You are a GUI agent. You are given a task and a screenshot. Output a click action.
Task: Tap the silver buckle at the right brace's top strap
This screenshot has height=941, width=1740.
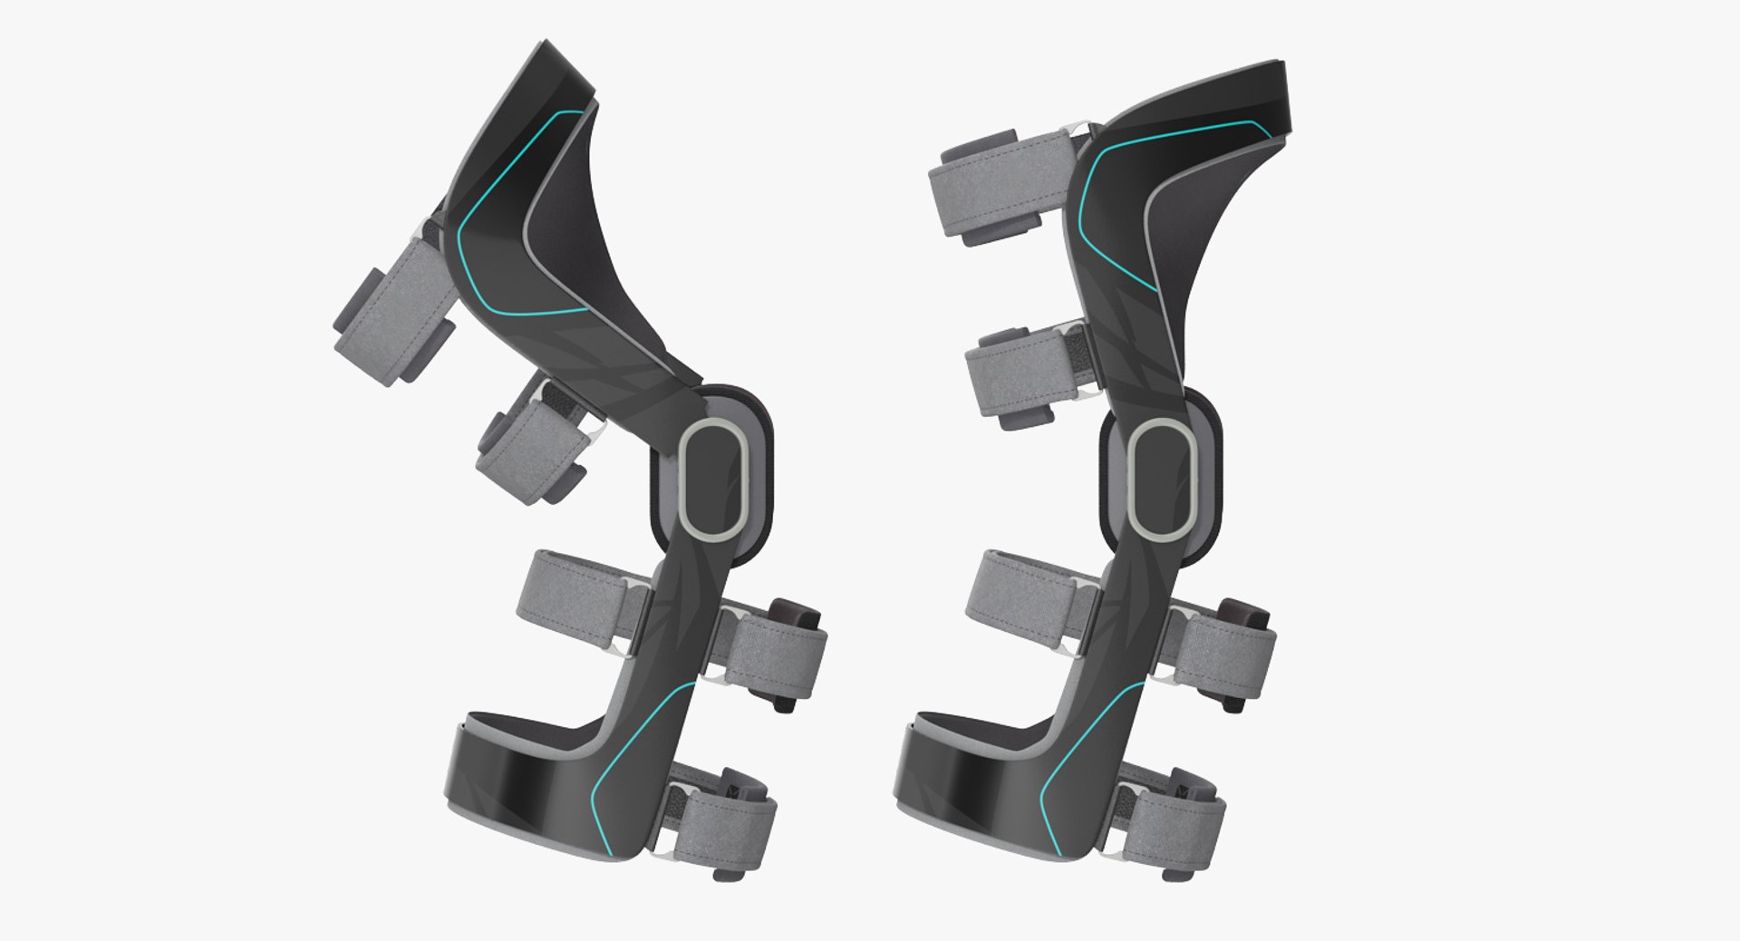click(1082, 132)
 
